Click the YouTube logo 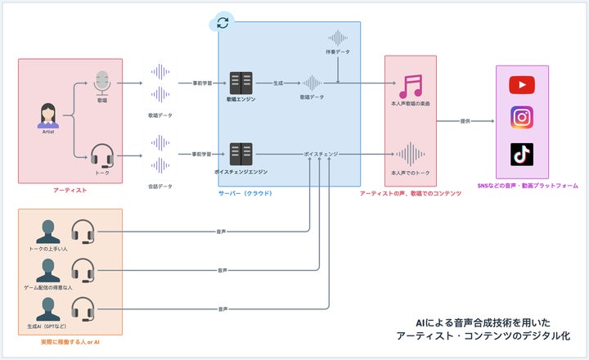point(521,84)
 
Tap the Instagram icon point(521,117)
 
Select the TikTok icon point(521,153)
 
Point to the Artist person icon point(48,115)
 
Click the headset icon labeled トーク point(102,154)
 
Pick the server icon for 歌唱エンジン point(241,83)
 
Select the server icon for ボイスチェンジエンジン point(241,154)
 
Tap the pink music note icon point(411,85)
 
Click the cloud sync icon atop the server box point(222,22)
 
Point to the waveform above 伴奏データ point(337,38)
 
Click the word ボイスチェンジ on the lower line point(321,154)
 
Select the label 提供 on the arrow point(465,121)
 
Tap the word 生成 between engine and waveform point(278,83)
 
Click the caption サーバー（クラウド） point(245,193)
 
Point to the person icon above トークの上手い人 point(48,231)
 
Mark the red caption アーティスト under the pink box point(70,190)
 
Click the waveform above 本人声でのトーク point(411,154)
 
